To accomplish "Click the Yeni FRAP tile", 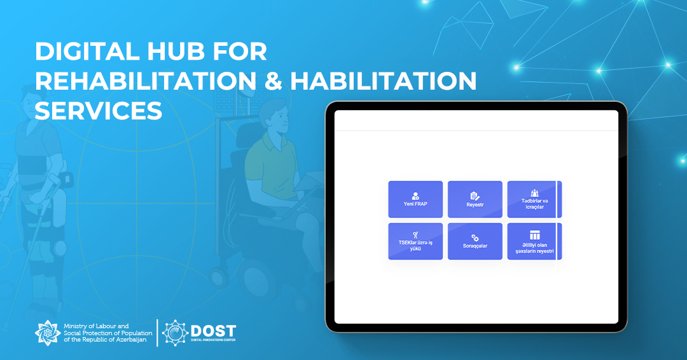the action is tap(415, 199).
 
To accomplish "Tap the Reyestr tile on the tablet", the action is tap(475, 199).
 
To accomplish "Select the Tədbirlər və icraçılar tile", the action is tap(534, 199).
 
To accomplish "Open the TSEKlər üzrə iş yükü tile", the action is tap(415, 241).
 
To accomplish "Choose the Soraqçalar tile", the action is tap(475, 241).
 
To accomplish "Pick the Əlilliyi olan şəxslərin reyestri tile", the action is tap(534, 241).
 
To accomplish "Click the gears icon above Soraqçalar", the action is tap(475, 237).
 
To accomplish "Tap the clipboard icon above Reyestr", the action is tap(475, 196).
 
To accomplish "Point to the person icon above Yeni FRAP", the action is tap(415, 196).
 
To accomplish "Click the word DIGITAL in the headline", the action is tap(87, 52).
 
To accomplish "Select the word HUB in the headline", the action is tap(176, 52).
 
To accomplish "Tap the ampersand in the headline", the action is tap(274, 81).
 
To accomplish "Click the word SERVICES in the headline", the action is tap(99, 111).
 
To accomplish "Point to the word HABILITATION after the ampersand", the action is tap(384, 81).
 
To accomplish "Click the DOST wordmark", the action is tap(213, 331).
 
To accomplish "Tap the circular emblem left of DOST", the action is tap(176, 333).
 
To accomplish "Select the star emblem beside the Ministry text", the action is tap(48, 333).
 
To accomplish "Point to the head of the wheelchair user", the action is tap(274, 116).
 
